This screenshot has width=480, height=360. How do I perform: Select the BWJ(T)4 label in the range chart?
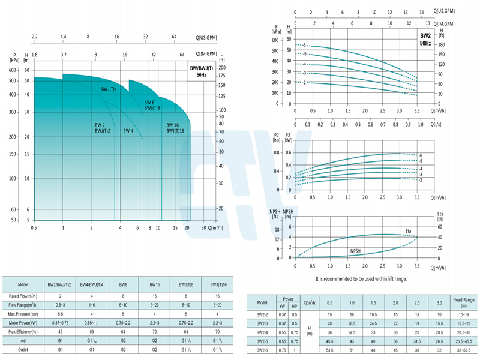coord(109,89)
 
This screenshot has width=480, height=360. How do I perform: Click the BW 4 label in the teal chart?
coord(128,131)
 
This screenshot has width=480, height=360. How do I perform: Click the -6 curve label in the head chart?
coord(304,46)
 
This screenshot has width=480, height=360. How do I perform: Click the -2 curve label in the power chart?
coord(420,180)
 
